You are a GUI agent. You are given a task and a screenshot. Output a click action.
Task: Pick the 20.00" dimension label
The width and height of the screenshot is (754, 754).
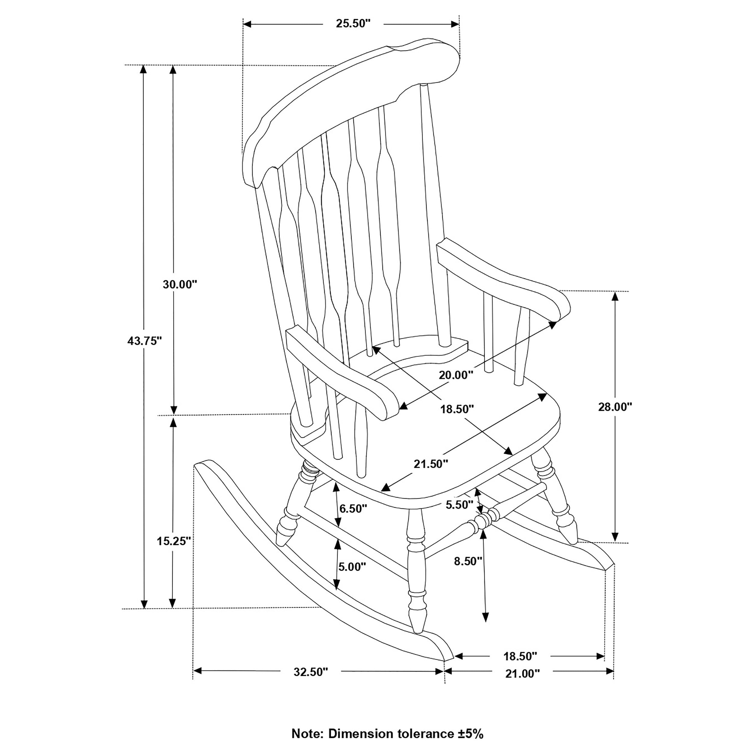pos(456,375)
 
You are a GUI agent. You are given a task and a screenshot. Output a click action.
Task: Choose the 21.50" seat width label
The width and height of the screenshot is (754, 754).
pos(431,464)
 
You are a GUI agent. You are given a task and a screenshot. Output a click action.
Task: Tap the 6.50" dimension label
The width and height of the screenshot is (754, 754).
pos(353,508)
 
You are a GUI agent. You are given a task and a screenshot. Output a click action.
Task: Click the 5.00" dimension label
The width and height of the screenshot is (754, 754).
pos(352,567)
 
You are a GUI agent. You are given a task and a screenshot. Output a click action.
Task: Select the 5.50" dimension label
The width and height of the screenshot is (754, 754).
pos(459,505)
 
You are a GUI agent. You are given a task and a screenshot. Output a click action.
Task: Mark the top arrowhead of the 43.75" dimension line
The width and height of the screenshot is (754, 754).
pos(144,69)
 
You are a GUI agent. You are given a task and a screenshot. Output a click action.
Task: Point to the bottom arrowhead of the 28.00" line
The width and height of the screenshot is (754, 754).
pos(615,537)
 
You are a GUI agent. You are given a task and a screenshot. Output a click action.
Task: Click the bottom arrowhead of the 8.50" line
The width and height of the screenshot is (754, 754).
pos(485,628)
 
